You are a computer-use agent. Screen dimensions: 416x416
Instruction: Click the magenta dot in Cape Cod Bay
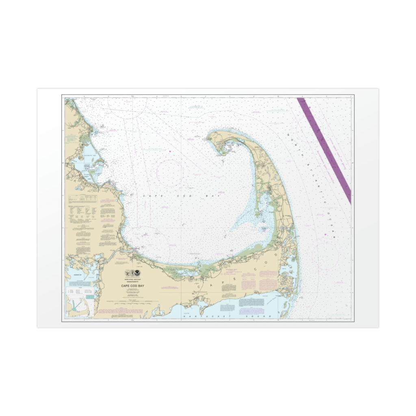click(x=170, y=152)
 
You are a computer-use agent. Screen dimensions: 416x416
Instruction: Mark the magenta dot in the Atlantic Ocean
click(x=325, y=234)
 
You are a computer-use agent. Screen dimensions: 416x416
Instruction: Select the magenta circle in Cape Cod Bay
click(x=170, y=173)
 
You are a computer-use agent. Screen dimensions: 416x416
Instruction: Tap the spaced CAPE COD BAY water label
click(x=181, y=196)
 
